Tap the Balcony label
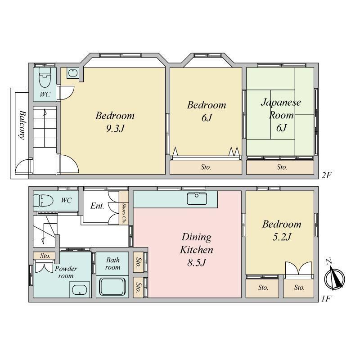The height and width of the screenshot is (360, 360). pos(22,125)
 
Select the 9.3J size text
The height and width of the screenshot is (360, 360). pos(115,129)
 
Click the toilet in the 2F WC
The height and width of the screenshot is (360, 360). pos(45,77)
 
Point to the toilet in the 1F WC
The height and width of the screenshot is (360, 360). pos(43,200)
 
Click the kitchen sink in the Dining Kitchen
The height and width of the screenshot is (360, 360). pos(197,198)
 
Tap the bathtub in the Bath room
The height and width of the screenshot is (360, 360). pos(112,287)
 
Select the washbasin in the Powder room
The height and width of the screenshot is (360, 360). pos(80,289)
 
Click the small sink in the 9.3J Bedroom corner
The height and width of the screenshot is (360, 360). pos(73,73)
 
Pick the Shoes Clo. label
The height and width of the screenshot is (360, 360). pos(124,213)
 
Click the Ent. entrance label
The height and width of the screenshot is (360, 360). pos(97,206)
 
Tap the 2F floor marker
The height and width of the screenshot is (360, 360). pos(327,175)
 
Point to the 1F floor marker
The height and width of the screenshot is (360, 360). pos(326,299)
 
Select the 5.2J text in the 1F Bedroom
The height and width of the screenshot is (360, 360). pos(282,237)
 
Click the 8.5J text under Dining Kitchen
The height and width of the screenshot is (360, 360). pos(197,262)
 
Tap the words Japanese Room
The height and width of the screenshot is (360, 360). pos(281,108)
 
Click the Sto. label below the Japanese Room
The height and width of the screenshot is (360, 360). pos(282,167)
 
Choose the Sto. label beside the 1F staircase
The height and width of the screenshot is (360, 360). pos(45,256)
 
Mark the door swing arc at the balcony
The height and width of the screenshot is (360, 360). pos(23,166)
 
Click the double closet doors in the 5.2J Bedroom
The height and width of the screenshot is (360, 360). pos(299,268)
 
